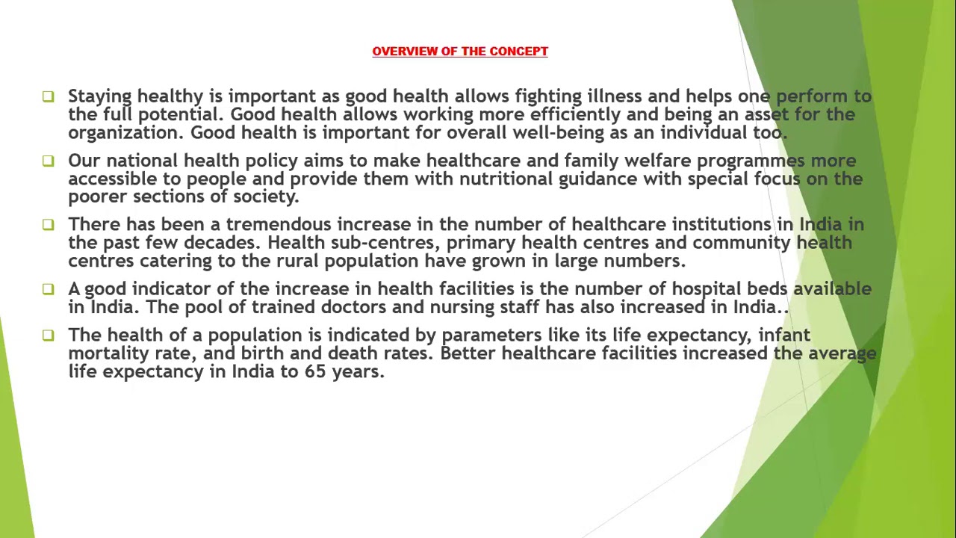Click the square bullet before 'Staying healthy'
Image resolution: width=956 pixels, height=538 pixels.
click(49, 96)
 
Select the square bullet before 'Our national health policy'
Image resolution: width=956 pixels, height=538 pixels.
click(49, 161)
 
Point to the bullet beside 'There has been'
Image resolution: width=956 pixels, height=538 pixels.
click(49, 224)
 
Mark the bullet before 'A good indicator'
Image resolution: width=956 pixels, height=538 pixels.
click(49, 288)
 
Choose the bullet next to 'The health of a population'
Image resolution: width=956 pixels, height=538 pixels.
click(49, 335)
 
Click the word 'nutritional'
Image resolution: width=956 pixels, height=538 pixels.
click(506, 179)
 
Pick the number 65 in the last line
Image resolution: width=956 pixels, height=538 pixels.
click(314, 371)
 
